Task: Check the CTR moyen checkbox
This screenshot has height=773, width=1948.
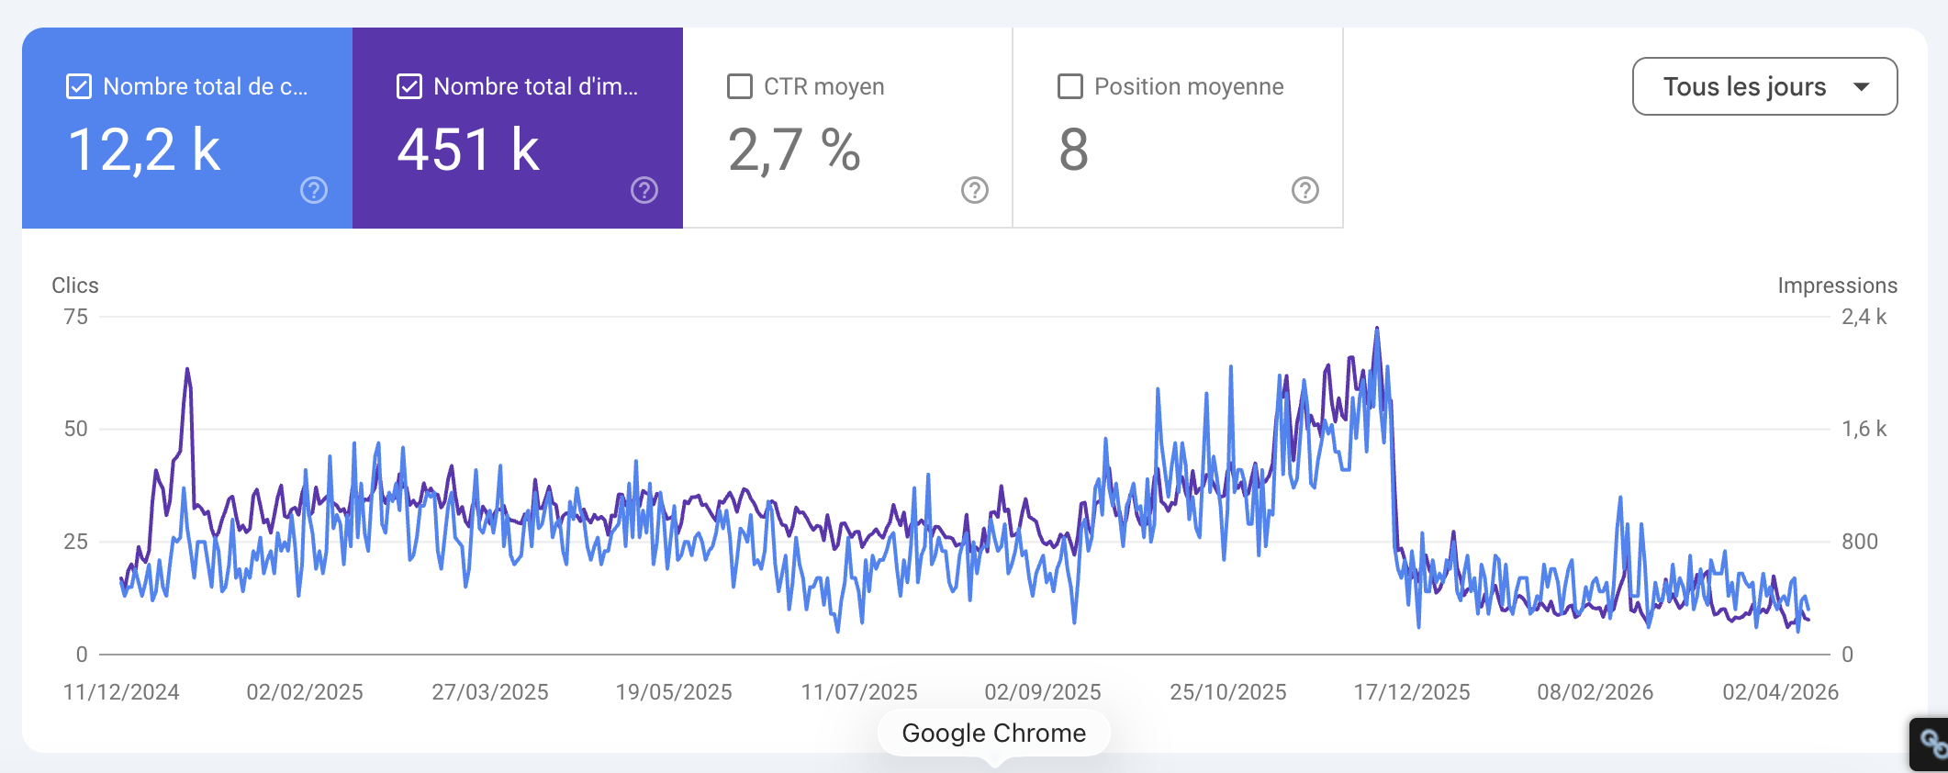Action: (740, 86)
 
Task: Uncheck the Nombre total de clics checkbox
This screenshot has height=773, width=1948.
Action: (79, 86)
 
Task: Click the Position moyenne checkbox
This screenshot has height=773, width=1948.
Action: (1070, 86)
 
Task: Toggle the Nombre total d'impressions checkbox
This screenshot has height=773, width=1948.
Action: (409, 86)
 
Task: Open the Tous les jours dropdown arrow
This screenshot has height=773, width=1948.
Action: (1862, 86)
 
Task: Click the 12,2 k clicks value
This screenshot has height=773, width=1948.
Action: (144, 150)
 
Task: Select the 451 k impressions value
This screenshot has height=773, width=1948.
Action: (468, 150)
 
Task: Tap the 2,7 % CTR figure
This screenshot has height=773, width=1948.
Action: (794, 150)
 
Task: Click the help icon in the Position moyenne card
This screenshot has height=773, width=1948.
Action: (1304, 190)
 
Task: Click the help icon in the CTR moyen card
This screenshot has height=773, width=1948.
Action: (974, 190)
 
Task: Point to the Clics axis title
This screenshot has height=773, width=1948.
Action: (75, 286)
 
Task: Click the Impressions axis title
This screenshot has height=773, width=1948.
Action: (1837, 286)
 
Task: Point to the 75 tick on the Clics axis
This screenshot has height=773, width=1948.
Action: (76, 317)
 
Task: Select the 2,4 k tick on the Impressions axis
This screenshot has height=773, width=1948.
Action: (1864, 317)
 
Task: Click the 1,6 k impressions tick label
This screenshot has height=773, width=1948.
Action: (1864, 429)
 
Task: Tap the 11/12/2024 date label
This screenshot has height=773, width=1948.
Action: (121, 692)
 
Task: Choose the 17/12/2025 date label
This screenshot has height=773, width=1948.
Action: (1412, 692)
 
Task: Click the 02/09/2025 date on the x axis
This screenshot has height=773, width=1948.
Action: (1043, 692)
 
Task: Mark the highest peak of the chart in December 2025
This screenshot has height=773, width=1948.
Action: (1377, 328)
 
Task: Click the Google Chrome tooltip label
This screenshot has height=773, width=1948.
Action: (994, 733)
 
